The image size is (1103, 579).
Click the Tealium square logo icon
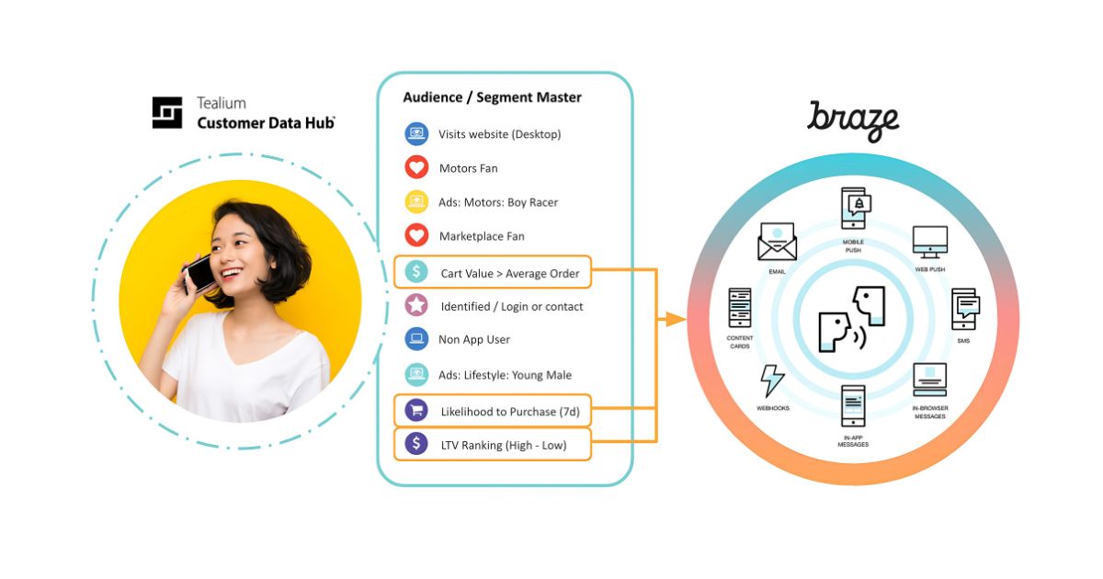tap(167, 112)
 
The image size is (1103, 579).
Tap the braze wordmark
tap(853, 120)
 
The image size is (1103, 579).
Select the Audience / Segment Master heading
tap(492, 97)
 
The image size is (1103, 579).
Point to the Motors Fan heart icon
tap(417, 168)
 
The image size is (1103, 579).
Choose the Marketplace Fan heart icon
tap(417, 236)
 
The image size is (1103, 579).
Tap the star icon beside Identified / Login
tap(417, 306)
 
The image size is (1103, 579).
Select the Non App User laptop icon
tap(417, 339)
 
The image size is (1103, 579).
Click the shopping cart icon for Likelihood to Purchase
tap(417, 411)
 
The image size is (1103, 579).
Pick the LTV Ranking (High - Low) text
tap(504, 445)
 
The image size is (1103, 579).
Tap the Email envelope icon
tap(777, 242)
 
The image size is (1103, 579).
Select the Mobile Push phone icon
tap(854, 210)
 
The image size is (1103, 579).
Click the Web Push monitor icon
tap(929, 242)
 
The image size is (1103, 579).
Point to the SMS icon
tap(964, 309)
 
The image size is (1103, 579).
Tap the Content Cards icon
tap(740, 308)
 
